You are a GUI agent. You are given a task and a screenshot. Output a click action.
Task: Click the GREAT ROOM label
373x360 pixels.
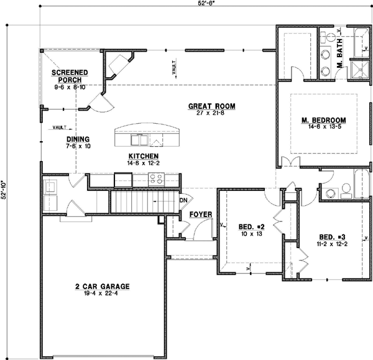click(x=208, y=106)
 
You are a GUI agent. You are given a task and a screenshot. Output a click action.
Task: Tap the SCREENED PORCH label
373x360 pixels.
click(x=69, y=76)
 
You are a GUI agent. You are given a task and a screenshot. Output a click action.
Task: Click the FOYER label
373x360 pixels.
click(x=200, y=215)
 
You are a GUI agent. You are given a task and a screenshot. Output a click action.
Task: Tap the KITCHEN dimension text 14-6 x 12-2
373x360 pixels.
click(x=144, y=163)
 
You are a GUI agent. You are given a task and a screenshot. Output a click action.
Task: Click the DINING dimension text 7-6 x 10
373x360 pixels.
click(x=79, y=147)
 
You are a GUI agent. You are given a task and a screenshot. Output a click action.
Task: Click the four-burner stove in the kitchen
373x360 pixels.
click(x=155, y=180)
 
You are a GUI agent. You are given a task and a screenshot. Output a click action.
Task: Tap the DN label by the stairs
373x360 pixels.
click(x=183, y=200)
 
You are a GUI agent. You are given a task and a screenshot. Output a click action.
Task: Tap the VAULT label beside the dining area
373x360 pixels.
click(x=60, y=127)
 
